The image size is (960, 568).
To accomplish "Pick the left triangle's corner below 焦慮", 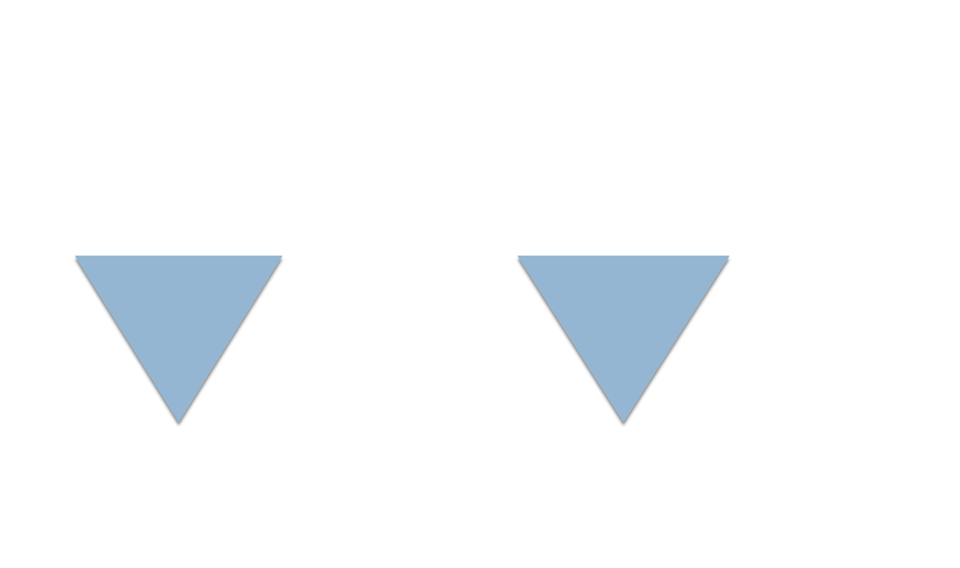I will pyautogui.click(x=280, y=257).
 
